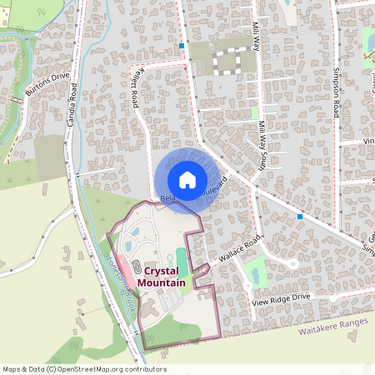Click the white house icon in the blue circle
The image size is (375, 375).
point(187,179)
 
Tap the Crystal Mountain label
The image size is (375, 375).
point(163,277)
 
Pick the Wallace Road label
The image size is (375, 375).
point(240,249)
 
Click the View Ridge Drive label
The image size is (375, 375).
point(281,297)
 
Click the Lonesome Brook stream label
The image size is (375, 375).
point(122,282)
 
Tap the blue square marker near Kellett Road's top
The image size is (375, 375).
point(182,45)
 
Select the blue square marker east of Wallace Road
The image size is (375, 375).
point(300,216)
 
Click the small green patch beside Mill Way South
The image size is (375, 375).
point(254,112)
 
